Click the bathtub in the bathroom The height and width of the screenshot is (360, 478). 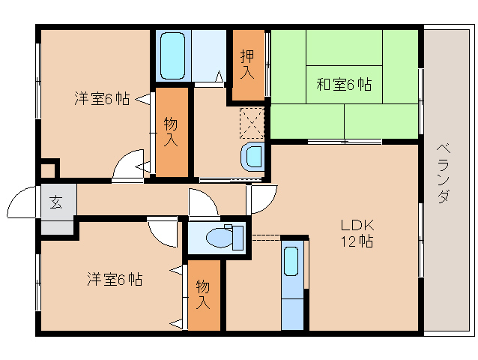pyautogui.click(x=172, y=55)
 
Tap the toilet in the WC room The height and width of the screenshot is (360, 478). pyautogui.click(x=225, y=237)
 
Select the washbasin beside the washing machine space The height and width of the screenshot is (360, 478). pyautogui.click(x=252, y=157)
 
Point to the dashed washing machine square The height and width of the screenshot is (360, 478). pyautogui.click(x=252, y=123)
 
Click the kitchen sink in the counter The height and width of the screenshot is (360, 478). pyautogui.click(x=291, y=262)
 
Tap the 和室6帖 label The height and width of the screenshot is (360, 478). pyautogui.click(x=344, y=84)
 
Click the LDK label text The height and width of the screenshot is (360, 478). pyautogui.click(x=357, y=226)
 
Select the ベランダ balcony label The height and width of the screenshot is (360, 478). pyautogui.click(x=444, y=173)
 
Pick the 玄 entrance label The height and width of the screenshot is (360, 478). pyautogui.click(x=56, y=202)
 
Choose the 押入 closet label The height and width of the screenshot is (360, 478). pyautogui.click(x=247, y=64)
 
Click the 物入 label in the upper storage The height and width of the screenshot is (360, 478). pyautogui.click(x=171, y=132)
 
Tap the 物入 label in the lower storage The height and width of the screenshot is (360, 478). pyautogui.click(x=203, y=295)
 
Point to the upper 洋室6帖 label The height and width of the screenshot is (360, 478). pyautogui.click(x=102, y=98)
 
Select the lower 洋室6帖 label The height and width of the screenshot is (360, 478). pyautogui.click(x=115, y=279)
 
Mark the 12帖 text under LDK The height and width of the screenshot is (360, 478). pyautogui.click(x=357, y=241)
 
